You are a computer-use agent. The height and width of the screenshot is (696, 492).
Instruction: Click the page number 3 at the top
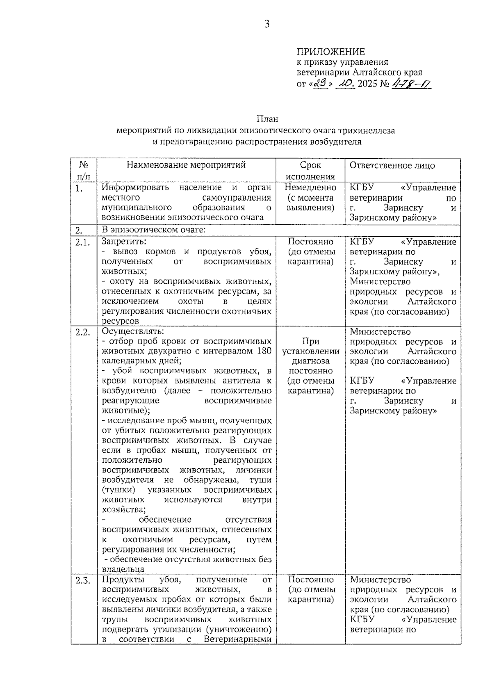pos(267,24)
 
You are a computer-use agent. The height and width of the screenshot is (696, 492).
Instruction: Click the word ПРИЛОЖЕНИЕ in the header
pos(330,52)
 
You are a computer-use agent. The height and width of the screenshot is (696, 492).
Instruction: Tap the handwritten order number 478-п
pos(411,84)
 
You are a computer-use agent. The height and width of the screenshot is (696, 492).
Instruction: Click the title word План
pos(267,119)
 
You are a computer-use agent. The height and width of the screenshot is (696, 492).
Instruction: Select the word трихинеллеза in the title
pos(367,131)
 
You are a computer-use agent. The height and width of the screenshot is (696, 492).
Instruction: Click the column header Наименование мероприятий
pos(186,165)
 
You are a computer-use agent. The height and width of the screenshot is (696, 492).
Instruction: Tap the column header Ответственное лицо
pos(392,165)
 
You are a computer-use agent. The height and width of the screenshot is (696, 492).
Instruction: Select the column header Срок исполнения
pos(310,171)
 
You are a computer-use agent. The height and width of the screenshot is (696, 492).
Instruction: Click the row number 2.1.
pos(82,242)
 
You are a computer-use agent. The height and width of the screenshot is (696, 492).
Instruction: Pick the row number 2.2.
pos(82,332)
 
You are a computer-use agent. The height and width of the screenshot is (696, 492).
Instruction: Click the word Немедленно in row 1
pos(310,188)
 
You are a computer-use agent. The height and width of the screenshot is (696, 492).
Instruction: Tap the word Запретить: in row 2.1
pos(124,242)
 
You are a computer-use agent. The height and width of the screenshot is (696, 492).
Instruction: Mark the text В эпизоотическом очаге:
pos(153,230)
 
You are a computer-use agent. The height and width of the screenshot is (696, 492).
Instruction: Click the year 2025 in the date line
pos(368,84)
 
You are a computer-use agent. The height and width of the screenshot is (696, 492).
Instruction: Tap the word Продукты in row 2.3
pos(123,580)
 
